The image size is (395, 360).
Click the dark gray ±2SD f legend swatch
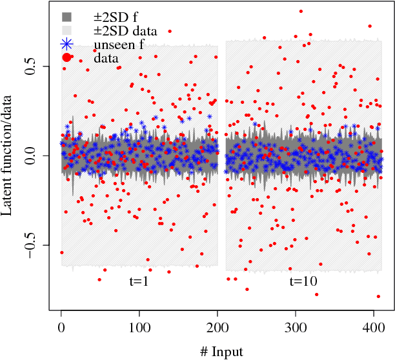click(x=67, y=16)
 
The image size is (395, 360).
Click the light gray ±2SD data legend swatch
click(x=67, y=30)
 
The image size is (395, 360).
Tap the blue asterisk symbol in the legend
click(x=67, y=45)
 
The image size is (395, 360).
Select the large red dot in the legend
click(x=67, y=59)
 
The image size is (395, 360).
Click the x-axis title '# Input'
click(x=221, y=352)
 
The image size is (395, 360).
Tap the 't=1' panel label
click(x=139, y=281)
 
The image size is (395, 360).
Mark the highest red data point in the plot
click(x=301, y=11)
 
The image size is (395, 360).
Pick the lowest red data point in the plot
click(x=378, y=296)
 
